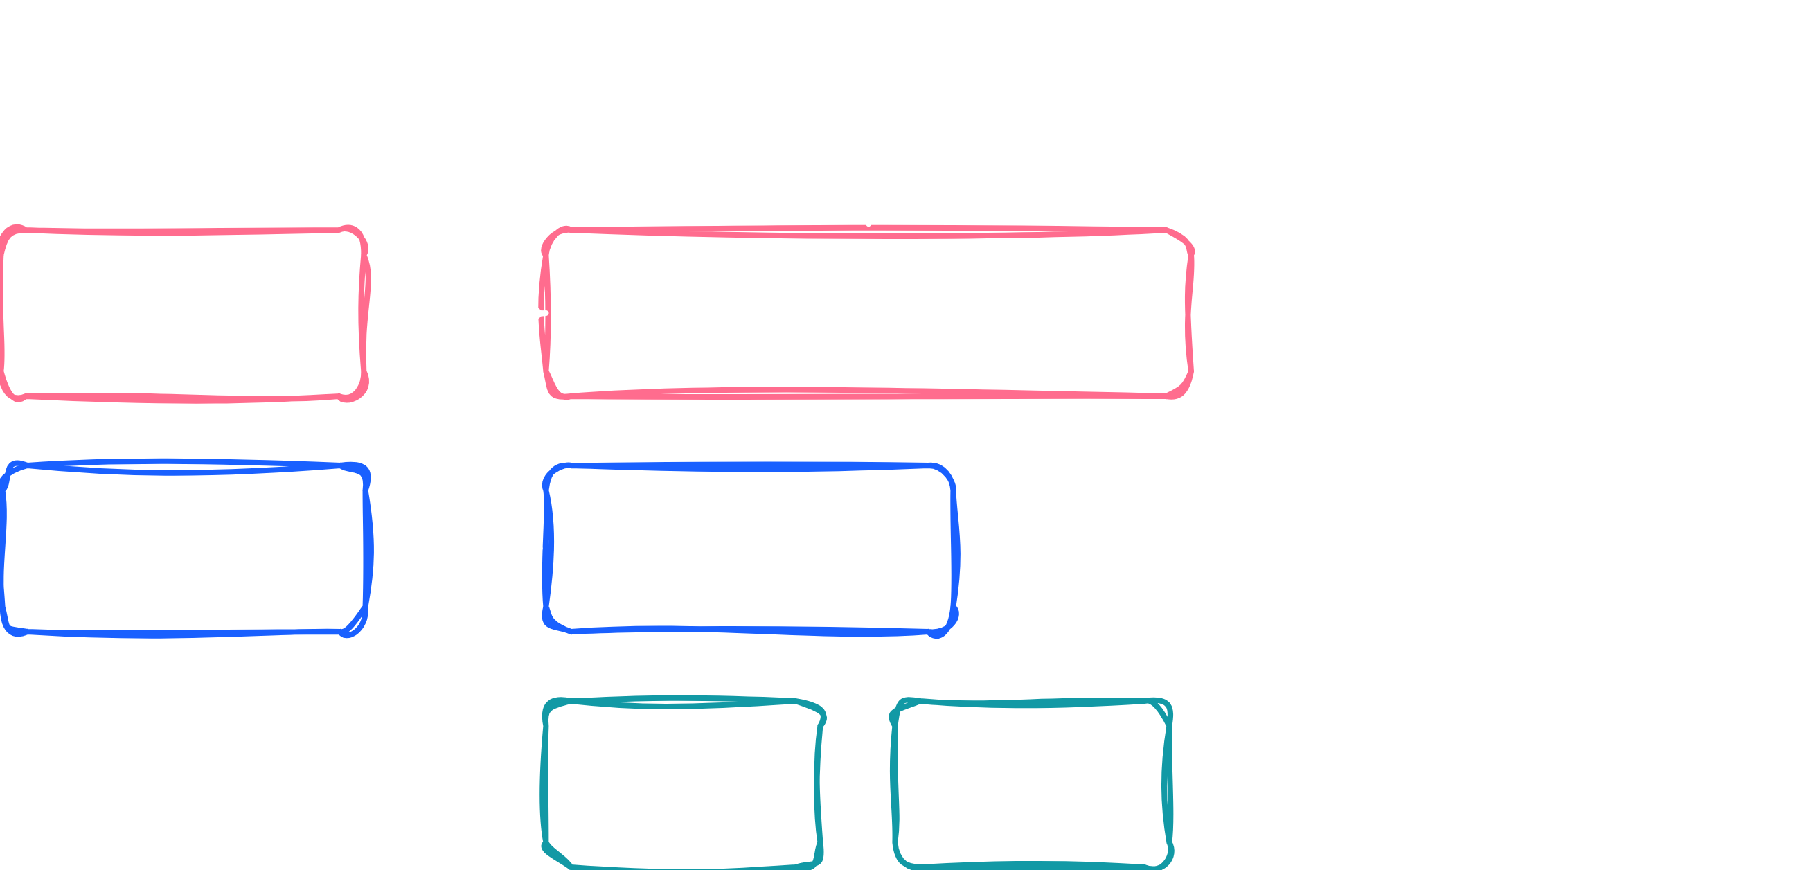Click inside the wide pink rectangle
pos(868,312)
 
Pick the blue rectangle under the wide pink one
pos(750,549)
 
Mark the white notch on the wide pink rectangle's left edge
pos(544,313)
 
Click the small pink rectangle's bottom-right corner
pos(360,392)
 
